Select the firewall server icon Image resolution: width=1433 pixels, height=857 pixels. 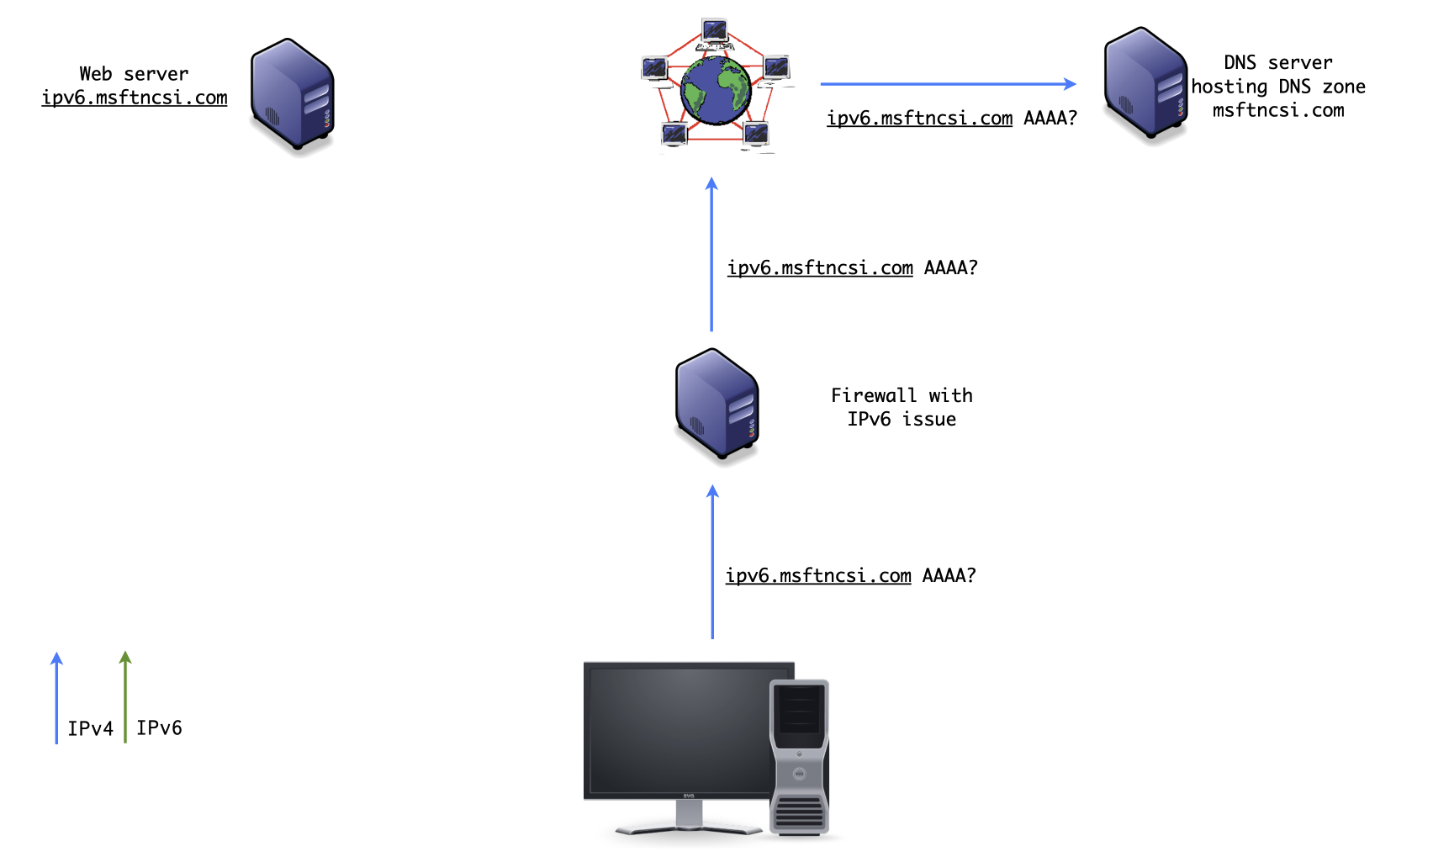click(717, 405)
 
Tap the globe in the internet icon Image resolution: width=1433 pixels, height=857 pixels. click(716, 91)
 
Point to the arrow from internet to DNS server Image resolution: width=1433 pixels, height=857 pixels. click(947, 84)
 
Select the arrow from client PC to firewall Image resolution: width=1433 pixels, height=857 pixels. click(712, 563)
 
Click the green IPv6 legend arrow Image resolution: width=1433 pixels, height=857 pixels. click(125, 698)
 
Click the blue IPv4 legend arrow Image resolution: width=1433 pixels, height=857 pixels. click(56, 698)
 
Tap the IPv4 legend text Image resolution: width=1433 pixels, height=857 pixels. click(90, 728)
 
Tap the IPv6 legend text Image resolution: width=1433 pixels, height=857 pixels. click(159, 727)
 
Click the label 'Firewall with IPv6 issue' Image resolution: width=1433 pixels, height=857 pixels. click(902, 407)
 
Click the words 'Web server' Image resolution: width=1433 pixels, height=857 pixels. click(134, 74)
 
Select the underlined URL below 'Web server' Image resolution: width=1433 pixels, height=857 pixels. click(135, 98)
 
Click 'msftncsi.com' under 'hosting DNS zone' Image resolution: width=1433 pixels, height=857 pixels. click(1277, 110)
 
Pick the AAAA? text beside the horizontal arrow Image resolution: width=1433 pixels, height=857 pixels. click(1050, 118)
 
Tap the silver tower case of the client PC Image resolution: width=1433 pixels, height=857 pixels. click(800, 757)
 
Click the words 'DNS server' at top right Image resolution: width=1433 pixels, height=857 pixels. click(1277, 62)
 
